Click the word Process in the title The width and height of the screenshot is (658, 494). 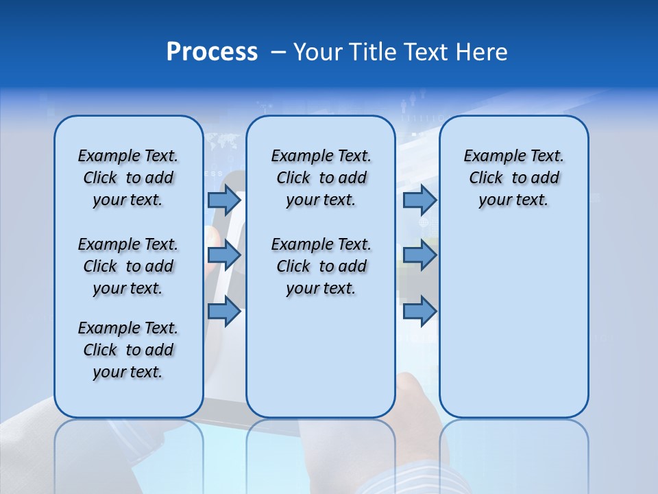point(212,52)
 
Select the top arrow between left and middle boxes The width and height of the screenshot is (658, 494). point(224,200)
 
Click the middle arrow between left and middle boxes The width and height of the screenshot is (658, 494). point(224,255)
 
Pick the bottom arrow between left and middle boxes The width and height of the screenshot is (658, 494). point(224,311)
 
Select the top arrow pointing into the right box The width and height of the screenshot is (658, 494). point(419,200)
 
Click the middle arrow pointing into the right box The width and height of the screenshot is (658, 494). point(419,255)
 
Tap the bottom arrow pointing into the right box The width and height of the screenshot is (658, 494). point(419,311)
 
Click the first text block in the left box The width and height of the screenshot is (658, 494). point(128,178)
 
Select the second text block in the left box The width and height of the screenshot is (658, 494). point(128,266)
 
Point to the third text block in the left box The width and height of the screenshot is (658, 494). point(128,350)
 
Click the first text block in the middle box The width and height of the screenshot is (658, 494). point(321,178)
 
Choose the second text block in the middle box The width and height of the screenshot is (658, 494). point(321,266)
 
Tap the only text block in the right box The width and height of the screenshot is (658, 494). point(513,178)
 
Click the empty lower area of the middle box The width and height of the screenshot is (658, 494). point(321,357)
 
